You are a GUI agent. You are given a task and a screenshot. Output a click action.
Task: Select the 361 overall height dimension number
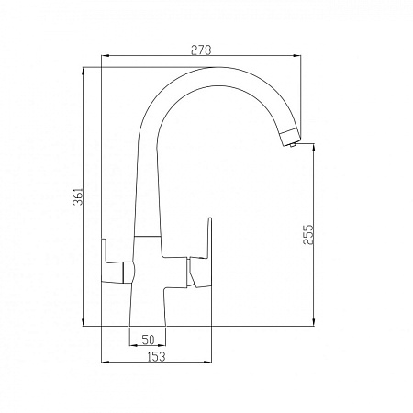pyautogui.click(x=77, y=196)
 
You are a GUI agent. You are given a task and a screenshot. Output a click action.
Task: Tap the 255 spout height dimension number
pyautogui.click(x=308, y=235)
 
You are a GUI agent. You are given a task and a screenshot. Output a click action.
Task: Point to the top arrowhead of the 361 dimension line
pyautogui.click(x=84, y=71)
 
